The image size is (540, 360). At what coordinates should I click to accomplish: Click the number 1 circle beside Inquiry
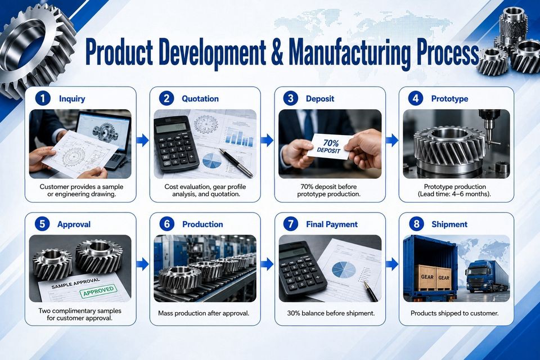[x=42, y=98]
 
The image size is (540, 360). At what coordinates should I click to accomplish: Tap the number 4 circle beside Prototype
[x=416, y=98]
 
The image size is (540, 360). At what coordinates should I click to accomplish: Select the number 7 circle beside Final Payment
[x=291, y=224]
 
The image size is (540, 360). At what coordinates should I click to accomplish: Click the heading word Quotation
[x=200, y=99]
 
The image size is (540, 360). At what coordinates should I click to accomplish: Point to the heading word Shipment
[x=449, y=224]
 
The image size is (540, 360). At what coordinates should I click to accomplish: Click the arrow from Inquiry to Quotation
[x=142, y=140]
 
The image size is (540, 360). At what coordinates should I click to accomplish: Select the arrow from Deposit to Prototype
[x=392, y=140]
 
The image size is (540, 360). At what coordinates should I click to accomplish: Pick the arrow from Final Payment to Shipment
[x=392, y=264]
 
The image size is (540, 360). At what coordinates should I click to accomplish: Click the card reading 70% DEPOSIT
[x=330, y=146]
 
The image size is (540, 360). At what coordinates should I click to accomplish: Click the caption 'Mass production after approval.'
[x=204, y=313]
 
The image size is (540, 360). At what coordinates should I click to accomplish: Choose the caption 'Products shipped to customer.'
[x=454, y=313]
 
